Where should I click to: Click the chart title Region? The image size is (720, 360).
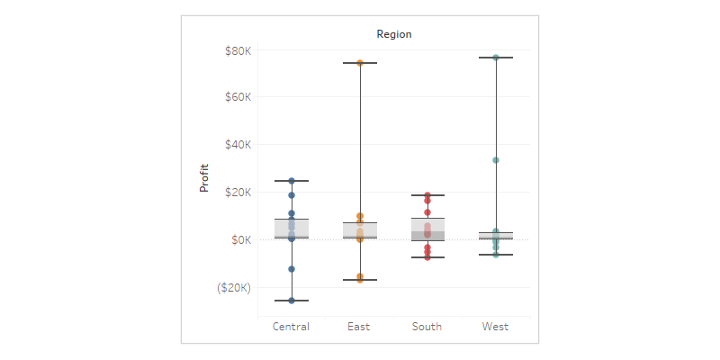(394, 34)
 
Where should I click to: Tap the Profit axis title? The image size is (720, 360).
(204, 175)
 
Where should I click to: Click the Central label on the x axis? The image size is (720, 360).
(291, 327)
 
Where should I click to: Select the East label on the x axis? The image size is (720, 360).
(359, 327)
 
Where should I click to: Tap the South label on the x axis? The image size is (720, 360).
(427, 327)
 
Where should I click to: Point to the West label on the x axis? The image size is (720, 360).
(495, 327)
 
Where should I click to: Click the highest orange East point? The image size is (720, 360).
(360, 63)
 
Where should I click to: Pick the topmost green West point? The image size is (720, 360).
(496, 58)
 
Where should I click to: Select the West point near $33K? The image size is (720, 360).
(496, 160)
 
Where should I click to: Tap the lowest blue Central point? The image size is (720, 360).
(292, 301)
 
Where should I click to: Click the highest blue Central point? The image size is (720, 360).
(292, 181)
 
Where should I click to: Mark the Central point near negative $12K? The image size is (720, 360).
(292, 269)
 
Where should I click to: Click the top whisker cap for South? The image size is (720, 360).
(427, 195)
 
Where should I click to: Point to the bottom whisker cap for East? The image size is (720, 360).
(360, 280)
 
